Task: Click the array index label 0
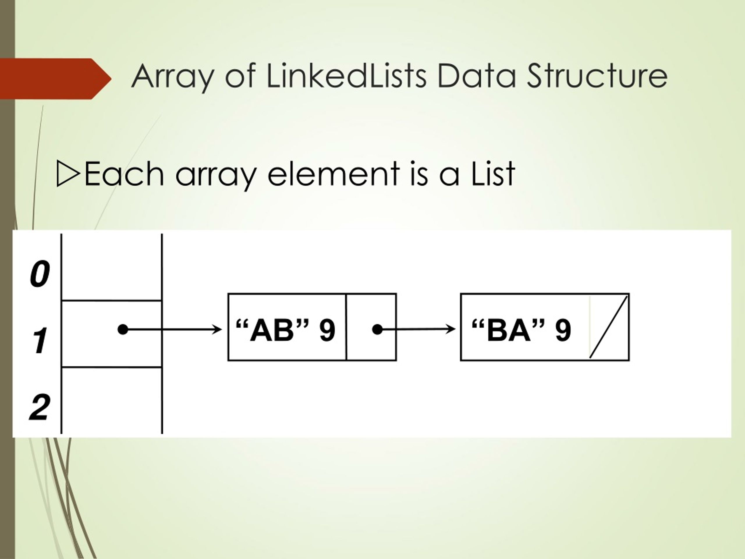click(x=40, y=274)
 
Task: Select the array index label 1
click(x=40, y=341)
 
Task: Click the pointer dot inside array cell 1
click(x=123, y=330)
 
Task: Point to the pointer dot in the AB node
click(x=377, y=330)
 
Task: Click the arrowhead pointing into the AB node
click(x=217, y=330)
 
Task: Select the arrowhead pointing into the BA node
click(x=450, y=329)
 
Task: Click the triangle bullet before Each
click(x=68, y=174)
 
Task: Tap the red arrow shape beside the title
click(x=56, y=79)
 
